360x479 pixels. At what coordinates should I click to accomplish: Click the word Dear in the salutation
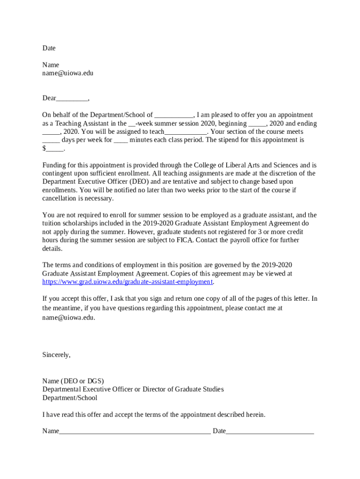coord(49,98)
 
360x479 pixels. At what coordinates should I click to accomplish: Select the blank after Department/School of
coord(173,115)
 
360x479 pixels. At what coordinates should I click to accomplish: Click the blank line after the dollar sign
coord(54,149)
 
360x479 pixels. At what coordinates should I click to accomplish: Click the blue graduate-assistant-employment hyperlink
coord(127,282)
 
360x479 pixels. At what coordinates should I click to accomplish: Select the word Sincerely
coord(56,355)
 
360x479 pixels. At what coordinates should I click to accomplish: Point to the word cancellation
coord(59,198)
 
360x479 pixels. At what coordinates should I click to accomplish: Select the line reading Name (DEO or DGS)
coord(73,381)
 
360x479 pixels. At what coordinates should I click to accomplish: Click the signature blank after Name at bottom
coord(135,431)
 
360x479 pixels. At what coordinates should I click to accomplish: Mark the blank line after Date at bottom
coord(270,431)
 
